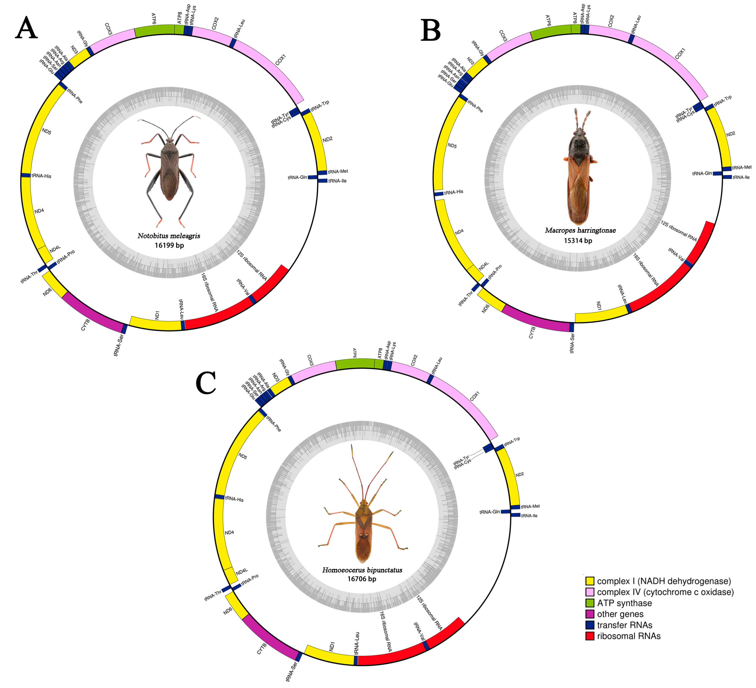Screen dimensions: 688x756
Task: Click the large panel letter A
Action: pyautogui.click(x=26, y=28)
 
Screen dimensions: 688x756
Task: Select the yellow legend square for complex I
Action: pyautogui.click(x=590, y=581)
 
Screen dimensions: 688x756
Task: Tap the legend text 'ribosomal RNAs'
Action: pyautogui.click(x=629, y=636)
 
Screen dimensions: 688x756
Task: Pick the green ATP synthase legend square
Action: pyautogui.click(x=590, y=603)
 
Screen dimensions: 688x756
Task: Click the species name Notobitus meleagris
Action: pyautogui.click(x=169, y=236)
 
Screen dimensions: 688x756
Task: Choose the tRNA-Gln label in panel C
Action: pyautogui.click(x=489, y=512)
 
